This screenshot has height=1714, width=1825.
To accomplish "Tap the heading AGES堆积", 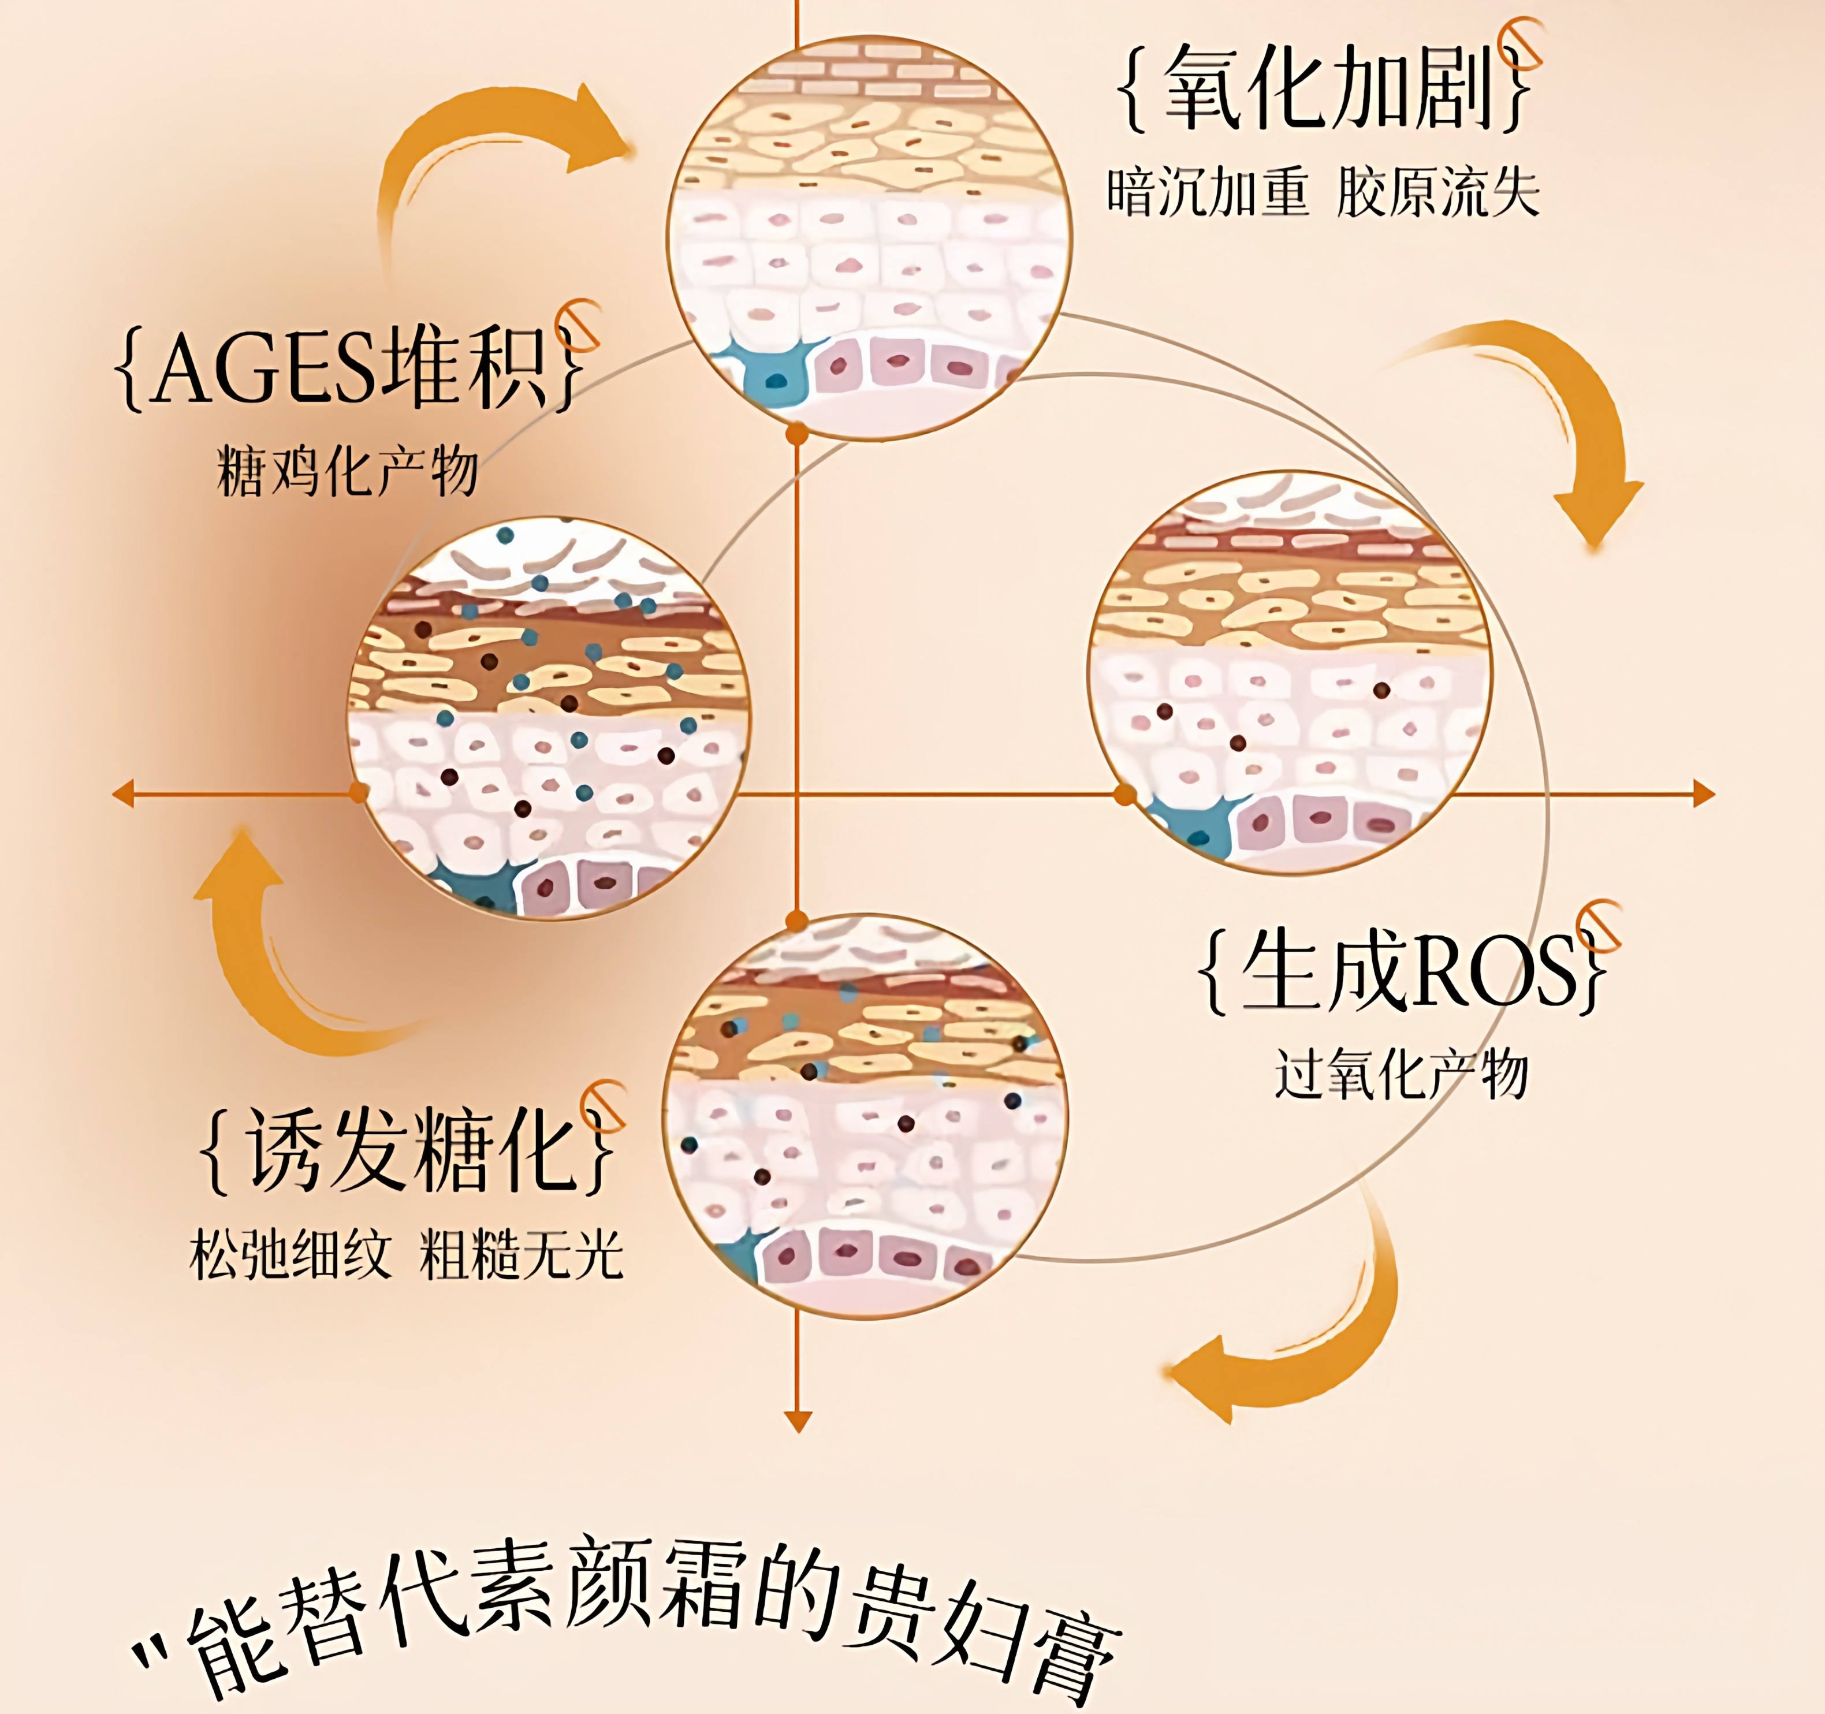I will tap(349, 367).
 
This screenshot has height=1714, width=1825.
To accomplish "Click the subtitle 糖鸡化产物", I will tap(347, 471).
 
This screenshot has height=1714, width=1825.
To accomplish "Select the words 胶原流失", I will tap(1437, 193).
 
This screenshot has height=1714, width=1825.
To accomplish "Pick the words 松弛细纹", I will tap(290, 1255).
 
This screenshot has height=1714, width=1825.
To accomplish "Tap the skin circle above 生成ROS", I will tap(1289, 672).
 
